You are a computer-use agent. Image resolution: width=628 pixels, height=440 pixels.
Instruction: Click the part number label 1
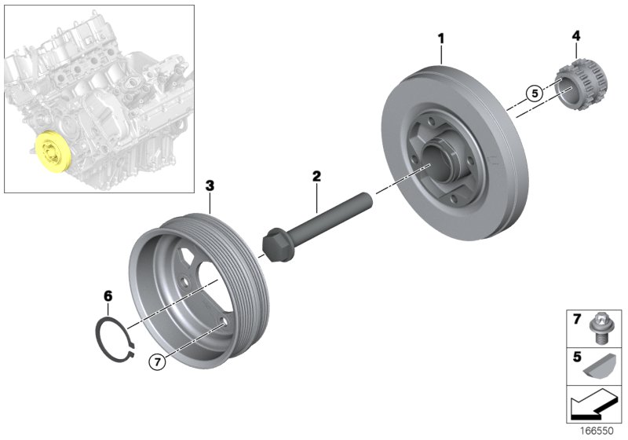(x=441, y=37)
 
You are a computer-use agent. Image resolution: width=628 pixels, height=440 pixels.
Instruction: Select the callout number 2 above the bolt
(x=316, y=177)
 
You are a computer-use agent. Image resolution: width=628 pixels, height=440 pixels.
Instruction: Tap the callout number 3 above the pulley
(x=209, y=185)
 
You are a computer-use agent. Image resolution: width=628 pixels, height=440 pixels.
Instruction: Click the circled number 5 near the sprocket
(x=535, y=93)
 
